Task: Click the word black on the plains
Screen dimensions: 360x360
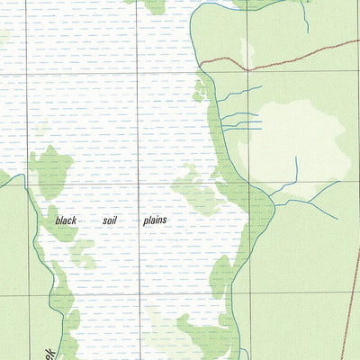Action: (x=67, y=220)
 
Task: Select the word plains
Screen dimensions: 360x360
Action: (x=154, y=220)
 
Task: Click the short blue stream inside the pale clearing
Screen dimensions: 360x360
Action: (x=296, y=167)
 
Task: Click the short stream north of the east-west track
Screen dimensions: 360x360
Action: (x=305, y=18)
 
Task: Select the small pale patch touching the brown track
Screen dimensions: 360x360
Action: (x=247, y=54)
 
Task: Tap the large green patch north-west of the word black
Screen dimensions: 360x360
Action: (x=51, y=171)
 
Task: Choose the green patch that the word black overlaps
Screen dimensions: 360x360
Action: (x=59, y=225)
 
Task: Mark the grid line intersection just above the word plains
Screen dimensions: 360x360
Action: (x=137, y=185)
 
